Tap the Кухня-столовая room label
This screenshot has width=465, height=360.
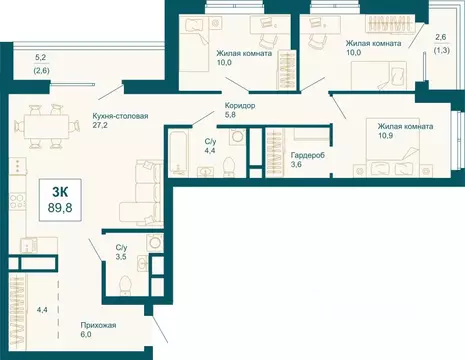click(120, 116)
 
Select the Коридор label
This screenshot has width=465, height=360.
click(240, 106)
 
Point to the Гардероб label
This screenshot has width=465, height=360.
click(308, 155)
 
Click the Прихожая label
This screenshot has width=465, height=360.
click(98, 325)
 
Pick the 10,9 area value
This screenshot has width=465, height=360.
click(385, 136)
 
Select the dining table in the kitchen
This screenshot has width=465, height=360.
click(47, 126)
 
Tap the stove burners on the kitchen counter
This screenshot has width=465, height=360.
click(17, 201)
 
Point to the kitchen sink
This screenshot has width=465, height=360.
click(29, 245)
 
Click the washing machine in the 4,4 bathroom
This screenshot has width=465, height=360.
click(237, 137)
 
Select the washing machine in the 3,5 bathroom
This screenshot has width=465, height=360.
click(155, 242)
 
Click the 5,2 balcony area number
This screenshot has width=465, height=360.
click(40, 57)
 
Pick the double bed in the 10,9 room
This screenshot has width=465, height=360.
click(393, 147)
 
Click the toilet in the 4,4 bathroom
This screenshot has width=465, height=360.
click(229, 166)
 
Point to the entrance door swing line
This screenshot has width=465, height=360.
click(159, 328)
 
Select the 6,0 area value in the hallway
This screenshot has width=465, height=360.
click(86, 334)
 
